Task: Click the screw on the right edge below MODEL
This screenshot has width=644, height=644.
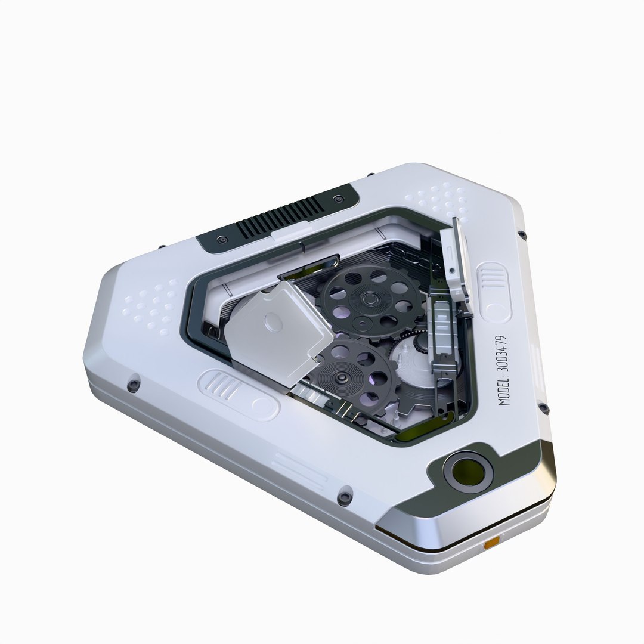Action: pyautogui.click(x=543, y=408)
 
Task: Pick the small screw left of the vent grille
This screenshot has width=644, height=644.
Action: pyautogui.click(x=222, y=239)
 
